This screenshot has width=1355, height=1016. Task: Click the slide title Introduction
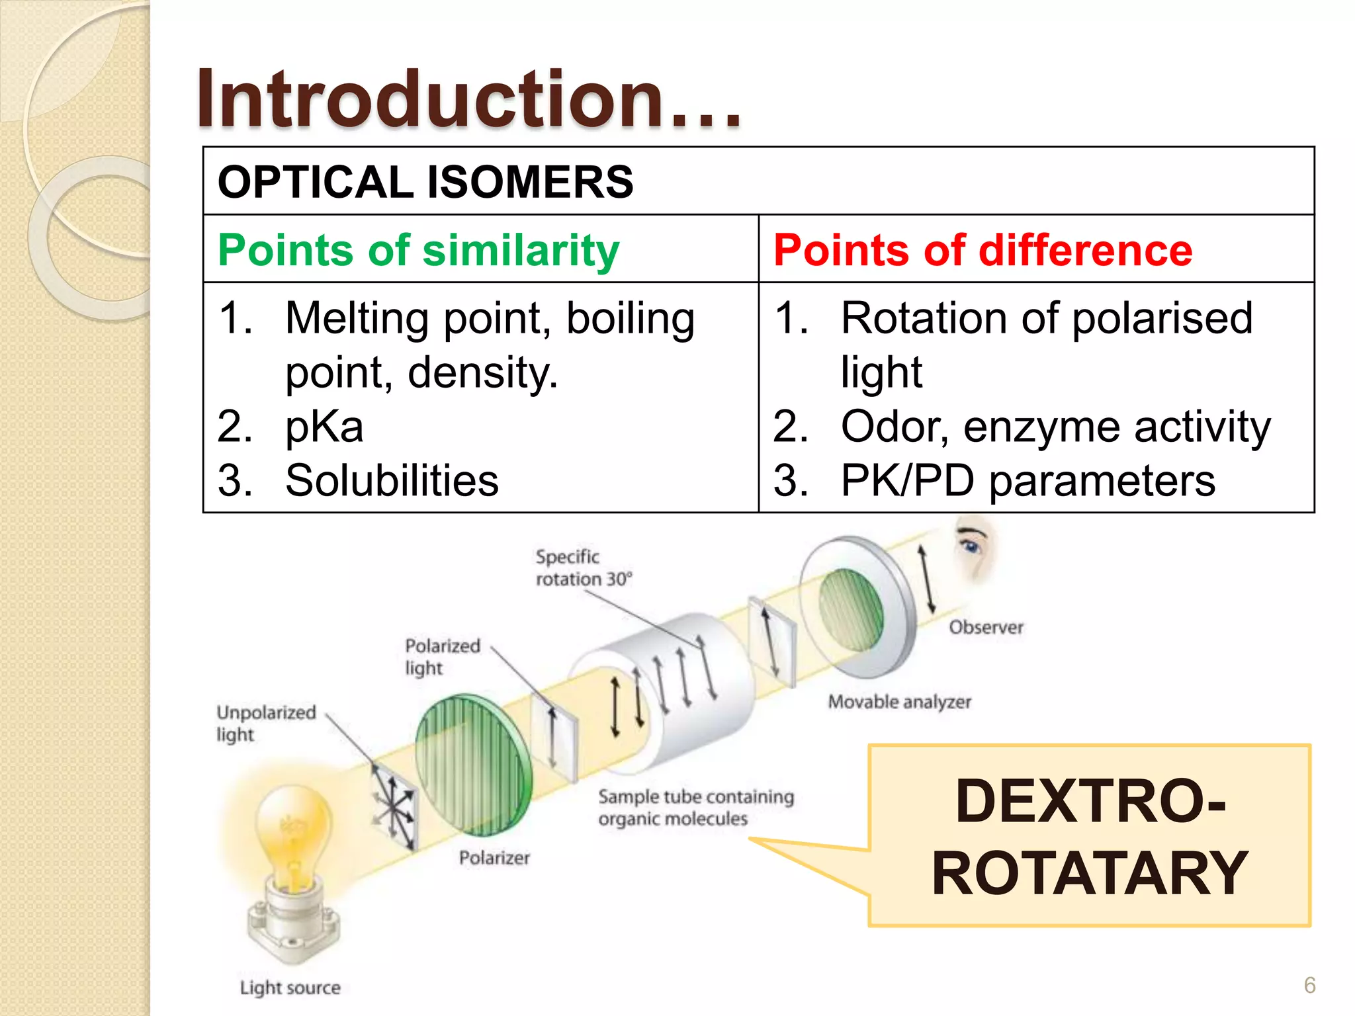coord(468,99)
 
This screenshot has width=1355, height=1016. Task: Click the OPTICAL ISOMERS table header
coord(425,182)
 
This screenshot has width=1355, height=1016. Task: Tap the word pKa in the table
coord(324,427)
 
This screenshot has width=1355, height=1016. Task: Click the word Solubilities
coord(392,480)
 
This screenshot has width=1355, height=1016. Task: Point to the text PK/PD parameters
coord(1027,480)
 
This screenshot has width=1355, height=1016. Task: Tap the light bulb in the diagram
coord(293,833)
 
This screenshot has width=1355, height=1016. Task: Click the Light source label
coord(290,988)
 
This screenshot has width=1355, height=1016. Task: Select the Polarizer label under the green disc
coord(494,858)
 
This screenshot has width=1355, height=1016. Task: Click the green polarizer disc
coord(472,764)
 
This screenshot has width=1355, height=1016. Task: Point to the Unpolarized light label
coord(266,723)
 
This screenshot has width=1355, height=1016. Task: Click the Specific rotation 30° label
coord(583,568)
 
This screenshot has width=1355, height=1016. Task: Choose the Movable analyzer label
coord(899,701)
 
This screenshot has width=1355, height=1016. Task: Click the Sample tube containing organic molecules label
coord(695,807)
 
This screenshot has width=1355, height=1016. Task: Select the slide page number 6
coord(1309,985)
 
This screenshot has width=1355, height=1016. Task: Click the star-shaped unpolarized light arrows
coord(393,807)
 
